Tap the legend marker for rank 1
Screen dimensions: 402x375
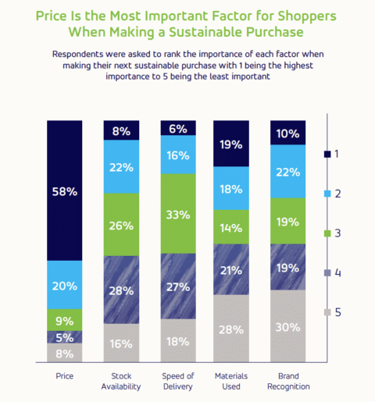327,155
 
